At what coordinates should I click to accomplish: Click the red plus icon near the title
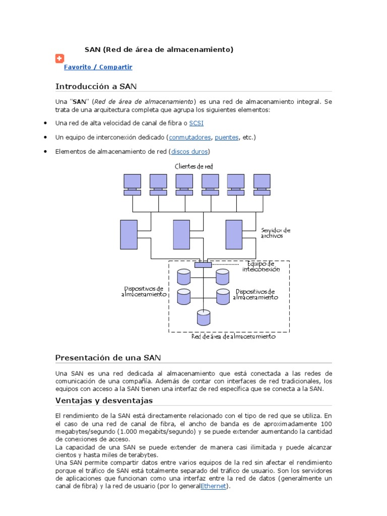tap(59, 58)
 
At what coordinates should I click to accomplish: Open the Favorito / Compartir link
tap(98, 67)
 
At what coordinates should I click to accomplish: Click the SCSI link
tap(196, 123)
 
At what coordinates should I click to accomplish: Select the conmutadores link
tap(190, 137)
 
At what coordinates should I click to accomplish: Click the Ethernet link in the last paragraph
tap(214, 486)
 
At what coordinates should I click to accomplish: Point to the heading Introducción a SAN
tap(96, 86)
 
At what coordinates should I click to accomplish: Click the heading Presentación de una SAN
tap(108, 358)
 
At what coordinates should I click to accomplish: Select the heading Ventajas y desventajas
tap(104, 401)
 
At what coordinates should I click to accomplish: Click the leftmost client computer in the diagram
tap(133, 184)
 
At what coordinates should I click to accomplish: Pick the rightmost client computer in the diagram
tap(262, 184)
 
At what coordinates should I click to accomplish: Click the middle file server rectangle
tap(181, 235)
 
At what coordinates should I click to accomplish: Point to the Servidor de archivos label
tap(276, 233)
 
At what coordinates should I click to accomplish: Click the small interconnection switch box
tap(203, 264)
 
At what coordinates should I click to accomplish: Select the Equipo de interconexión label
tap(261, 266)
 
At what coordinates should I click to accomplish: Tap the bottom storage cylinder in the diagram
tap(204, 317)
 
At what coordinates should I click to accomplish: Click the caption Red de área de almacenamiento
tap(233, 337)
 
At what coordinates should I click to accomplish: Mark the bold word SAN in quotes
tap(80, 101)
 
